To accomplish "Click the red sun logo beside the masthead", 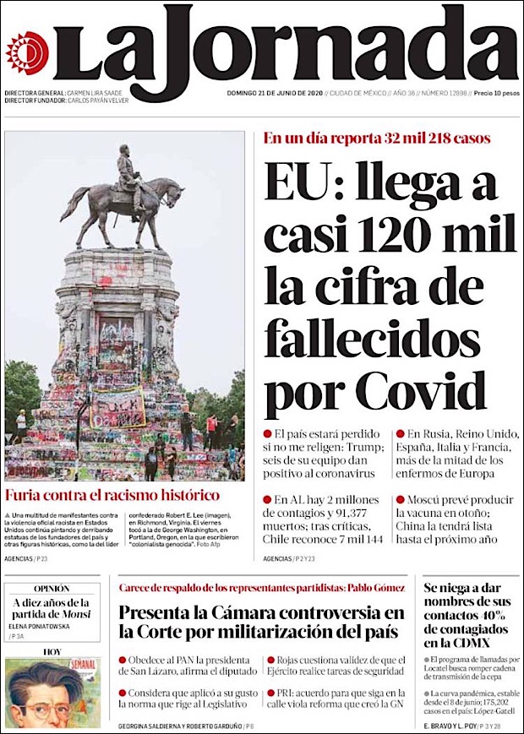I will tap(27, 51).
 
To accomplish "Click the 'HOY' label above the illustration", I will tap(52, 652).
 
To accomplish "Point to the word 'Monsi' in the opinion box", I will tap(73, 615).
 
